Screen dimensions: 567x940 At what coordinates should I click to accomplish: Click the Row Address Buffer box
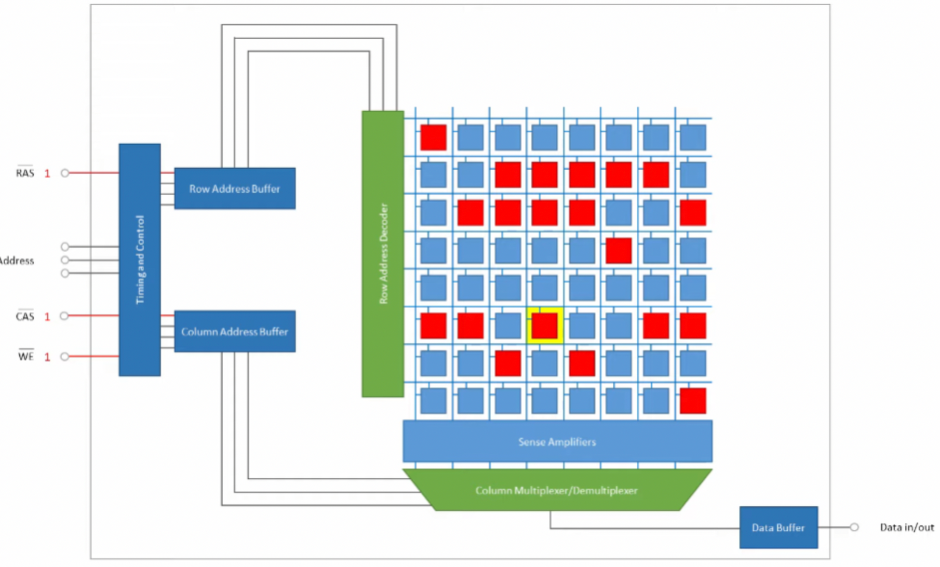pos(235,189)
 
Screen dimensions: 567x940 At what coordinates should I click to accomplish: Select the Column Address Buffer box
pos(235,331)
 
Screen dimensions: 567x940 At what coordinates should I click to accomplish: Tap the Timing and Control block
pos(140,259)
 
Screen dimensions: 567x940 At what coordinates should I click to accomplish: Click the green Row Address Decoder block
pos(383,254)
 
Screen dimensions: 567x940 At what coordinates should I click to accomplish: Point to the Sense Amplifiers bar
pos(557,442)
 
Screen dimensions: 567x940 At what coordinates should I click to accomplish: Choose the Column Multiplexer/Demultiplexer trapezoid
pos(557,490)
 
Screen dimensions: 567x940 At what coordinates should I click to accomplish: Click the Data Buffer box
pos(778,527)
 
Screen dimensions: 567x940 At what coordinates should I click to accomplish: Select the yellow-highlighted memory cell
pos(545,325)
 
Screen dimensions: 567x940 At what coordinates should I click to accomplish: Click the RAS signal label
pos(25,173)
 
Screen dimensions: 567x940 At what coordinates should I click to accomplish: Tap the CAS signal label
pos(25,316)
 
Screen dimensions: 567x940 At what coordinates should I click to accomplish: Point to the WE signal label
pos(26,356)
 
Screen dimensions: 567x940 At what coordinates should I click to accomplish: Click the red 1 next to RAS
pos(47,174)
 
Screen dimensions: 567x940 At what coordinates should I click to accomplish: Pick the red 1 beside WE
pos(47,357)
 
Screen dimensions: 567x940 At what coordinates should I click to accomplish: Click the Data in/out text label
pos(906,527)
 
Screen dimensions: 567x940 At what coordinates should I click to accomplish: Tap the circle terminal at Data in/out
pos(854,527)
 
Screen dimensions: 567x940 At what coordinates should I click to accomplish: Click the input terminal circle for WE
pos(65,356)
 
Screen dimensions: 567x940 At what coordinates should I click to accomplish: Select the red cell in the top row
pos(433,137)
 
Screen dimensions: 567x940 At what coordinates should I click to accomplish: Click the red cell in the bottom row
pos(693,401)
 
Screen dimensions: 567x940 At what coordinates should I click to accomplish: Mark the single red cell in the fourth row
pos(618,250)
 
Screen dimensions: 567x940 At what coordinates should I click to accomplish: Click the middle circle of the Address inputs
pos(65,260)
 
